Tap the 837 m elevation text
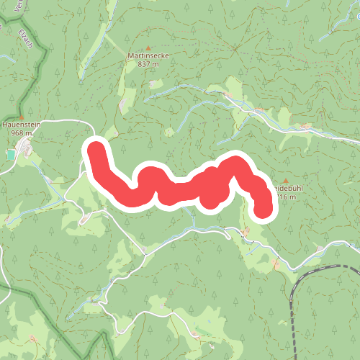point(148,63)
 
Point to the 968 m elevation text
point(22,132)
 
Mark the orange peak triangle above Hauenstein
point(22,116)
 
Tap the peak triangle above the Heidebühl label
point(286,181)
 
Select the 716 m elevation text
point(286,197)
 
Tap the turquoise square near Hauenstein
point(11,154)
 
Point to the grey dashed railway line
point(292,317)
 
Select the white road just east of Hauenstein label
point(61,120)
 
